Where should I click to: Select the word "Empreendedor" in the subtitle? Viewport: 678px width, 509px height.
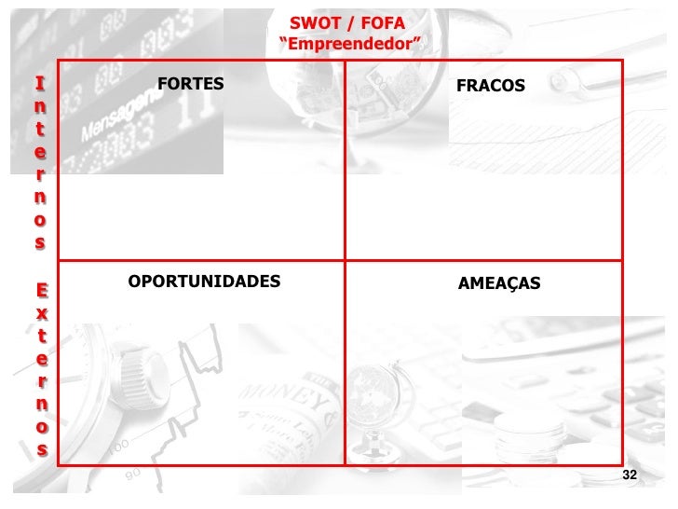(349, 43)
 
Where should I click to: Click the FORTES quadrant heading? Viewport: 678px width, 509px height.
(191, 84)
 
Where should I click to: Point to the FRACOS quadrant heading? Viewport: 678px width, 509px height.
(491, 86)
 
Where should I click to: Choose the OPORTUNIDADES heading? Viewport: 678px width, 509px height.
(204, 281)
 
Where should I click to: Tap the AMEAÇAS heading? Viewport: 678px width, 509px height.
(499, 282)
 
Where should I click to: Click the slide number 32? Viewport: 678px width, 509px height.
(630, 475)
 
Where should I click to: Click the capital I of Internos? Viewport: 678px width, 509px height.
(39, 83)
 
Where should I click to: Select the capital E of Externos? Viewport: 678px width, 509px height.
(40, 290)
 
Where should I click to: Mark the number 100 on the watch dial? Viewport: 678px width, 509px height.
(117, 448)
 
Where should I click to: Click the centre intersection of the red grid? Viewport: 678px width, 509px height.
(345, 260)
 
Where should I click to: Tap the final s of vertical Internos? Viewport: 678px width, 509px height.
(40, 242)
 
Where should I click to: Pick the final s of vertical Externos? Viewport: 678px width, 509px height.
(40, 448)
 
